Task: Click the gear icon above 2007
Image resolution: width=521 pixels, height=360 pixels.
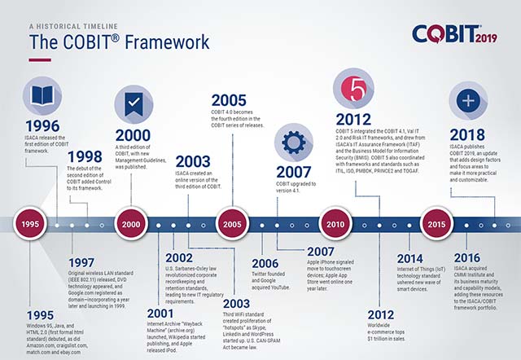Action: (x=292, y=139)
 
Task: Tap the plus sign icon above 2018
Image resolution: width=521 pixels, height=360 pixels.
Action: (x=467, y=102)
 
